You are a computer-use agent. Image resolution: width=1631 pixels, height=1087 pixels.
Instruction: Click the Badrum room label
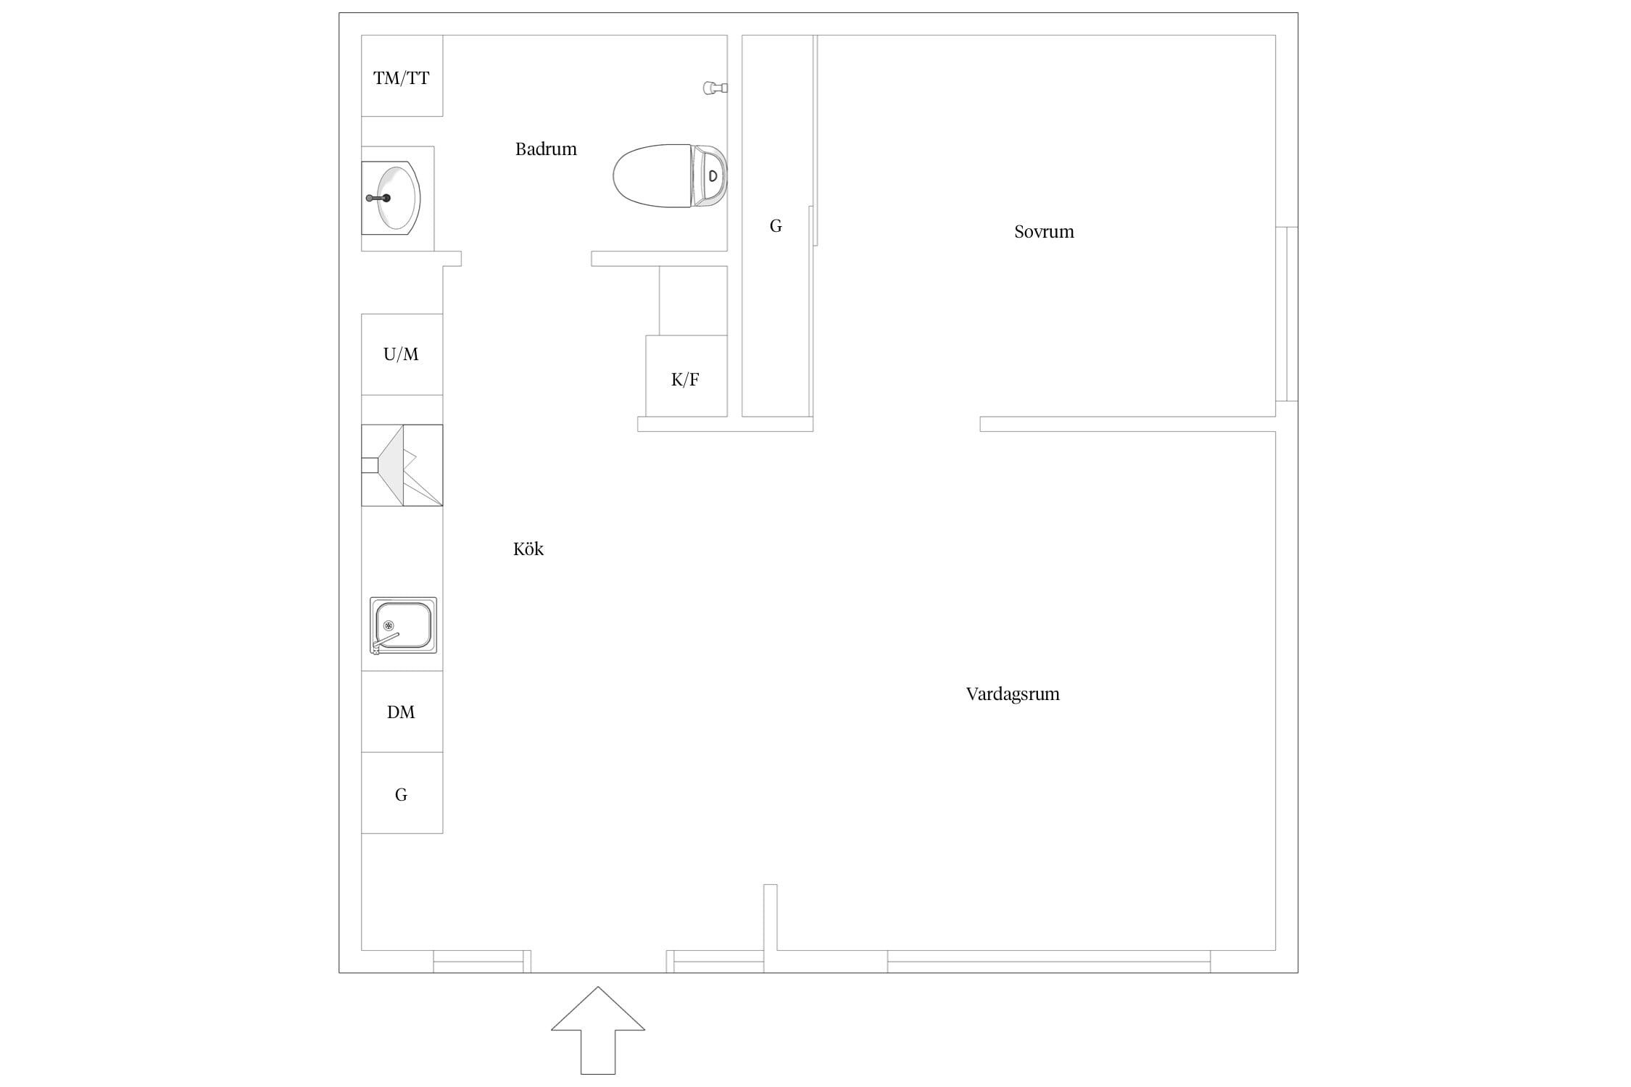[546, 149]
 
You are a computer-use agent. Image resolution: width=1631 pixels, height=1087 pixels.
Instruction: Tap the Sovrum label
[1044, 232]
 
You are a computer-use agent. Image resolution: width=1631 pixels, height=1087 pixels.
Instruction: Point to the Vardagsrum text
[1013, 694]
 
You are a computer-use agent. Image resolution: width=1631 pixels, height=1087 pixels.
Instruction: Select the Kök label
[528, 549]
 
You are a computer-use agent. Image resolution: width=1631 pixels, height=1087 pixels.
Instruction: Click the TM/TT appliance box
[402, 76]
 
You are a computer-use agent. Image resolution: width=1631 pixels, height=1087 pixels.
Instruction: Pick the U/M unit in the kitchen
[402, 354]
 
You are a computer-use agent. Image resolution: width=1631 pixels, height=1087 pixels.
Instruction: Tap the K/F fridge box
[686, 376]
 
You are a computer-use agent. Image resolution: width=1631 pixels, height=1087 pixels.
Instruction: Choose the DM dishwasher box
[402, 712]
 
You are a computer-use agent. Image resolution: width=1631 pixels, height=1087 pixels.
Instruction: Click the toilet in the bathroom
[670, 176]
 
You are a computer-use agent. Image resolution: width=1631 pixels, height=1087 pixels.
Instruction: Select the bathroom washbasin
[391, 198]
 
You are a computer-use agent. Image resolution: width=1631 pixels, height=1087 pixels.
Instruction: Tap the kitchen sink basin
[403, 625]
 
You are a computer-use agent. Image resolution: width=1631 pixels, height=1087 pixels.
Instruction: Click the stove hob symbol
[402, 465]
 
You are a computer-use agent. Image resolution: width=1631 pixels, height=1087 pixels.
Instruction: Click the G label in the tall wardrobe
[776, 226]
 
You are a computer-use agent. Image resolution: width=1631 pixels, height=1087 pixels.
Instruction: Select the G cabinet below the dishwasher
[402, 793]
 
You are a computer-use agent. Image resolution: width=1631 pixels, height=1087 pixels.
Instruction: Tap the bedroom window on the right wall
[1287, 314]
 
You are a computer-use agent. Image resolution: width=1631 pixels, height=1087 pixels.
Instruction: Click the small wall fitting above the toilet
[715, 88]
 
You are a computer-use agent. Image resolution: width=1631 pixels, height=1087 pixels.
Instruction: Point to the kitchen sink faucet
[384, 641]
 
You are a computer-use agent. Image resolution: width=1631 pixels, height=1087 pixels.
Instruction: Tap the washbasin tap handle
[378, 198]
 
